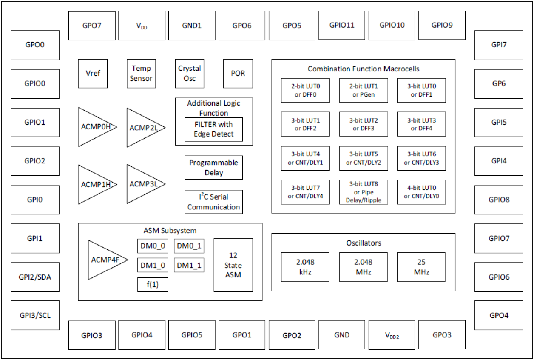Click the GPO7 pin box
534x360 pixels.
(x=92, y=26)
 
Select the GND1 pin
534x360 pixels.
(x=192, y=26)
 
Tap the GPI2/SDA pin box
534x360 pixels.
(x=35, y=277)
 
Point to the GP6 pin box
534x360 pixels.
(x=499, y=83)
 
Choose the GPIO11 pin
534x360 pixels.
(x=342, y=25)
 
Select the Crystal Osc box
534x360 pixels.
(x=190, y=74)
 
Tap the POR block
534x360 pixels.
(x=238, y=74)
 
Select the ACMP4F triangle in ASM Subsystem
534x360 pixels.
(x=104, y=260)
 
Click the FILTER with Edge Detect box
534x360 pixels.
(x=214, y=129)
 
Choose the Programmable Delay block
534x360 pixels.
(x=213, y=168)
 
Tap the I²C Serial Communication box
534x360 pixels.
(x=213, y=202)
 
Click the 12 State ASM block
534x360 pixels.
(x=233, y=265)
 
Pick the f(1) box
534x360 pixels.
(x=153, y=285)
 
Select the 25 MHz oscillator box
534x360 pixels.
(x=421, y=267)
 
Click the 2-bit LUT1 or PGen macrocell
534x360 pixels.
(x=364, y=90)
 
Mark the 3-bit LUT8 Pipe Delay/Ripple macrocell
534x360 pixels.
(x=364, y=192)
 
